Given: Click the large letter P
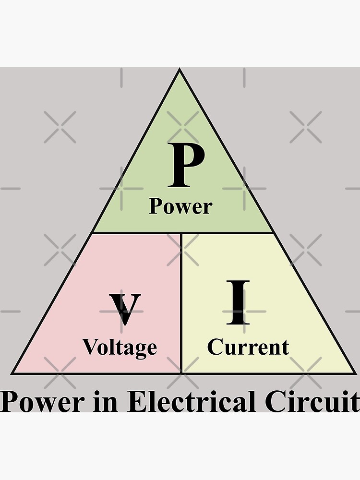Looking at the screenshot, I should pyautogui.click(x=187, y=166).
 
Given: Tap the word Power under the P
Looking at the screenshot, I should pyautogui.click(x=180, y=206).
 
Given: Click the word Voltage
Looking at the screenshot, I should pyautogui.click(x=120, y=347).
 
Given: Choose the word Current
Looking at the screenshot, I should pyautogui.click(x=248, y=347).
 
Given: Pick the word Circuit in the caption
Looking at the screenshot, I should pyautogui.click(x=312, y=402).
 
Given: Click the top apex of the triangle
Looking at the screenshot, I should pyautogui.click(x=180, y=71).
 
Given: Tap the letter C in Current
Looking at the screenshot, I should pyautogui.click(x=215, y=347).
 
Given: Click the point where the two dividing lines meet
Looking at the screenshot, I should pyautogui.click(x=181, y=233).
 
